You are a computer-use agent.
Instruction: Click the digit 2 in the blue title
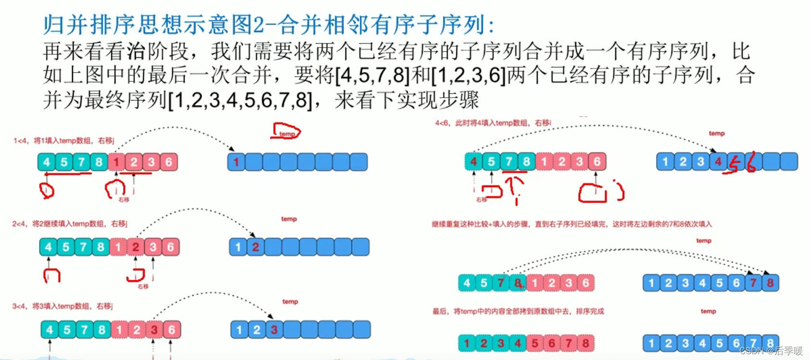(x=259, y=25)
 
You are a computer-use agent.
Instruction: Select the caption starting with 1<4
(x=63, y=141)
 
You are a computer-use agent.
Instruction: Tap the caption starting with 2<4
(x=70, y=224)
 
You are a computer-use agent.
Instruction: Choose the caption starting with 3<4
(x=63, y=306)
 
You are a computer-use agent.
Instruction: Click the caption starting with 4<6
(x=493, y=123)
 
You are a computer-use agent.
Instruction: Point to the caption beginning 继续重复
(x=571, y=224)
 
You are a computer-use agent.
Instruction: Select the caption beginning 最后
(x=518, y=311)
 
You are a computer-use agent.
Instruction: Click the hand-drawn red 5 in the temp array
(x=734, y=164)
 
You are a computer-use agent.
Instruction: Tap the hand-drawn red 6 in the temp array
(x=751, y=162)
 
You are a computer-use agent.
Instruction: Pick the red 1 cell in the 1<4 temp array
(x=236, y=162)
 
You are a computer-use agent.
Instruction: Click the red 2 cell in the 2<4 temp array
(x=255, y=247)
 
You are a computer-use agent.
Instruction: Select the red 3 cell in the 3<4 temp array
(x=274, y=330)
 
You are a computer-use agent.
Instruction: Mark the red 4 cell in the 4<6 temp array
(x=718, y=162)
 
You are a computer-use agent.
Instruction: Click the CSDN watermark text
(x=771, y=351)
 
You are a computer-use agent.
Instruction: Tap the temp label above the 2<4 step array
(x=289, y=219)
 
